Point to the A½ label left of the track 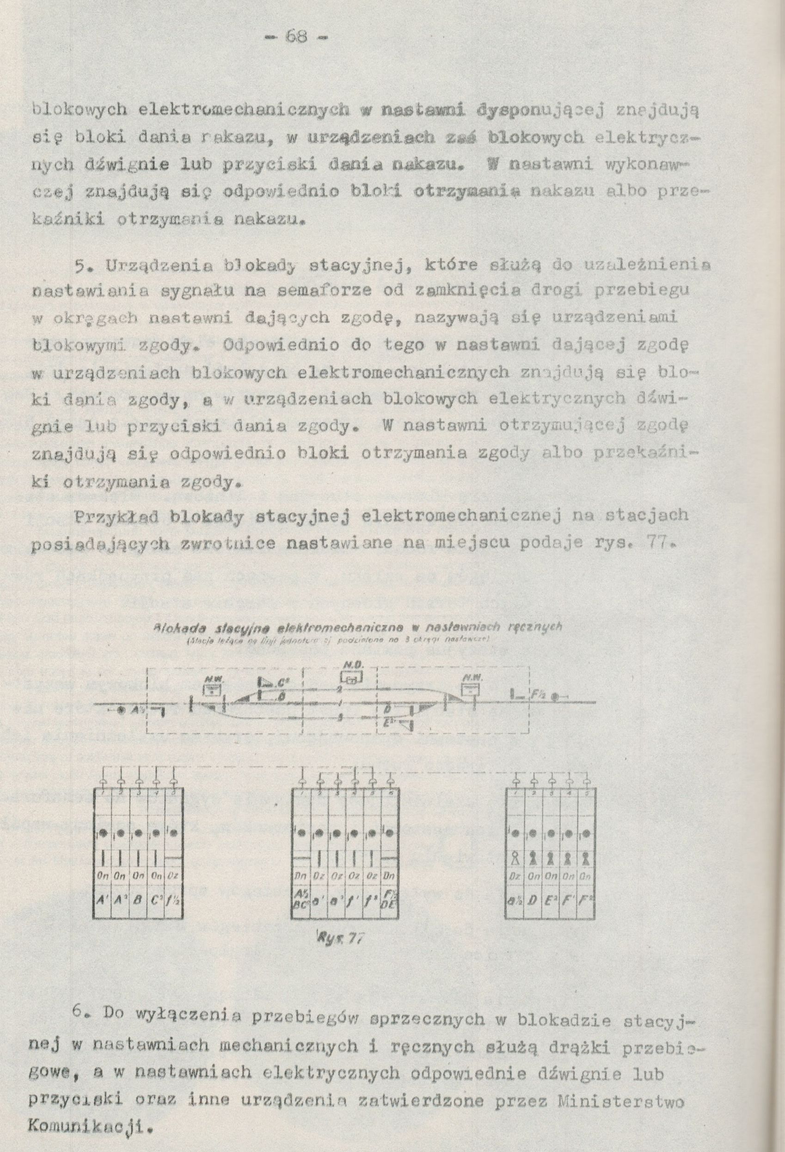coord(135,709)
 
